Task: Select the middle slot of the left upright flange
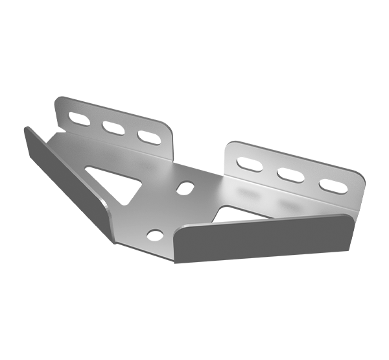[x=112, y=130]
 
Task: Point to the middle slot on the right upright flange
[x=289, y=175]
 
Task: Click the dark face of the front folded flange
[x=266, y=240]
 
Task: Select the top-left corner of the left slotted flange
[x=57, y=99]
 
